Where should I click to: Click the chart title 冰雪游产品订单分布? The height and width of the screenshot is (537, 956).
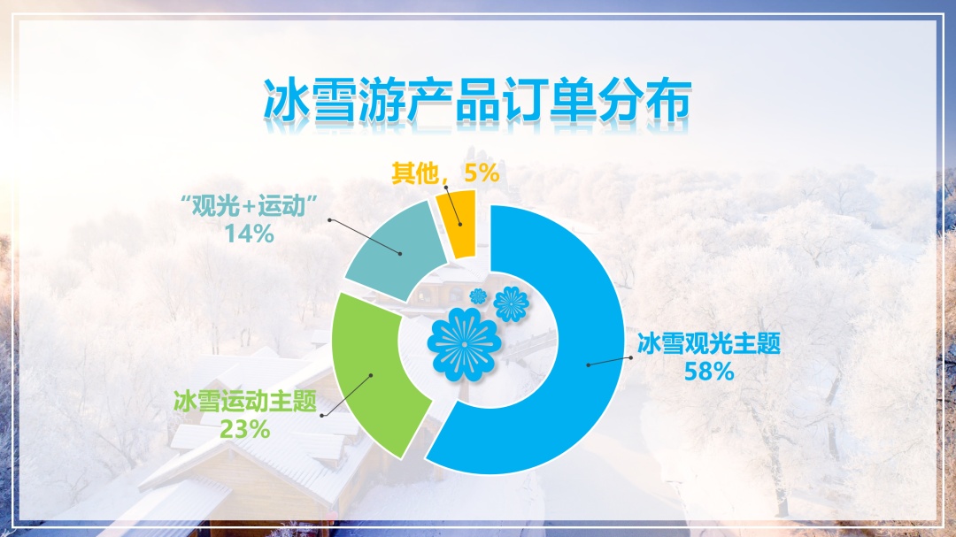tap(477, 100)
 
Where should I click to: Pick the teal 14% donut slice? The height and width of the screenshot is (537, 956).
tap(397, 249)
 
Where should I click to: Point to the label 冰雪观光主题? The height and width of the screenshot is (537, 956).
tap(709, 344)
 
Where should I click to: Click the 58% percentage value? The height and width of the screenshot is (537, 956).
tap(709, 371)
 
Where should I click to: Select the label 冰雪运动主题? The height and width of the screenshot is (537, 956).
tap(245, 402)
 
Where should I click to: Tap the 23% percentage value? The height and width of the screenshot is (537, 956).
tap(244, 429)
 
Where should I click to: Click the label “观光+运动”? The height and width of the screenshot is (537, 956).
tap(251, 206)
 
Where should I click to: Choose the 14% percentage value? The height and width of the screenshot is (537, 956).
tap(250, 234)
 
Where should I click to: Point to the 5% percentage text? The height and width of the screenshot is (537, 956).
tap(482, 173)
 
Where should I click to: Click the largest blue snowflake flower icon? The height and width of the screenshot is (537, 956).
tap(465, 344)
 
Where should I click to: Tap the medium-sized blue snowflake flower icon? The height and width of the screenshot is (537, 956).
tap(511, 304)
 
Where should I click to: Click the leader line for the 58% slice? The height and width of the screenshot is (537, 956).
tap(610, 362)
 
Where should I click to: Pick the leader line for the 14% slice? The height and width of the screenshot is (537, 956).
tap(365, 236)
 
